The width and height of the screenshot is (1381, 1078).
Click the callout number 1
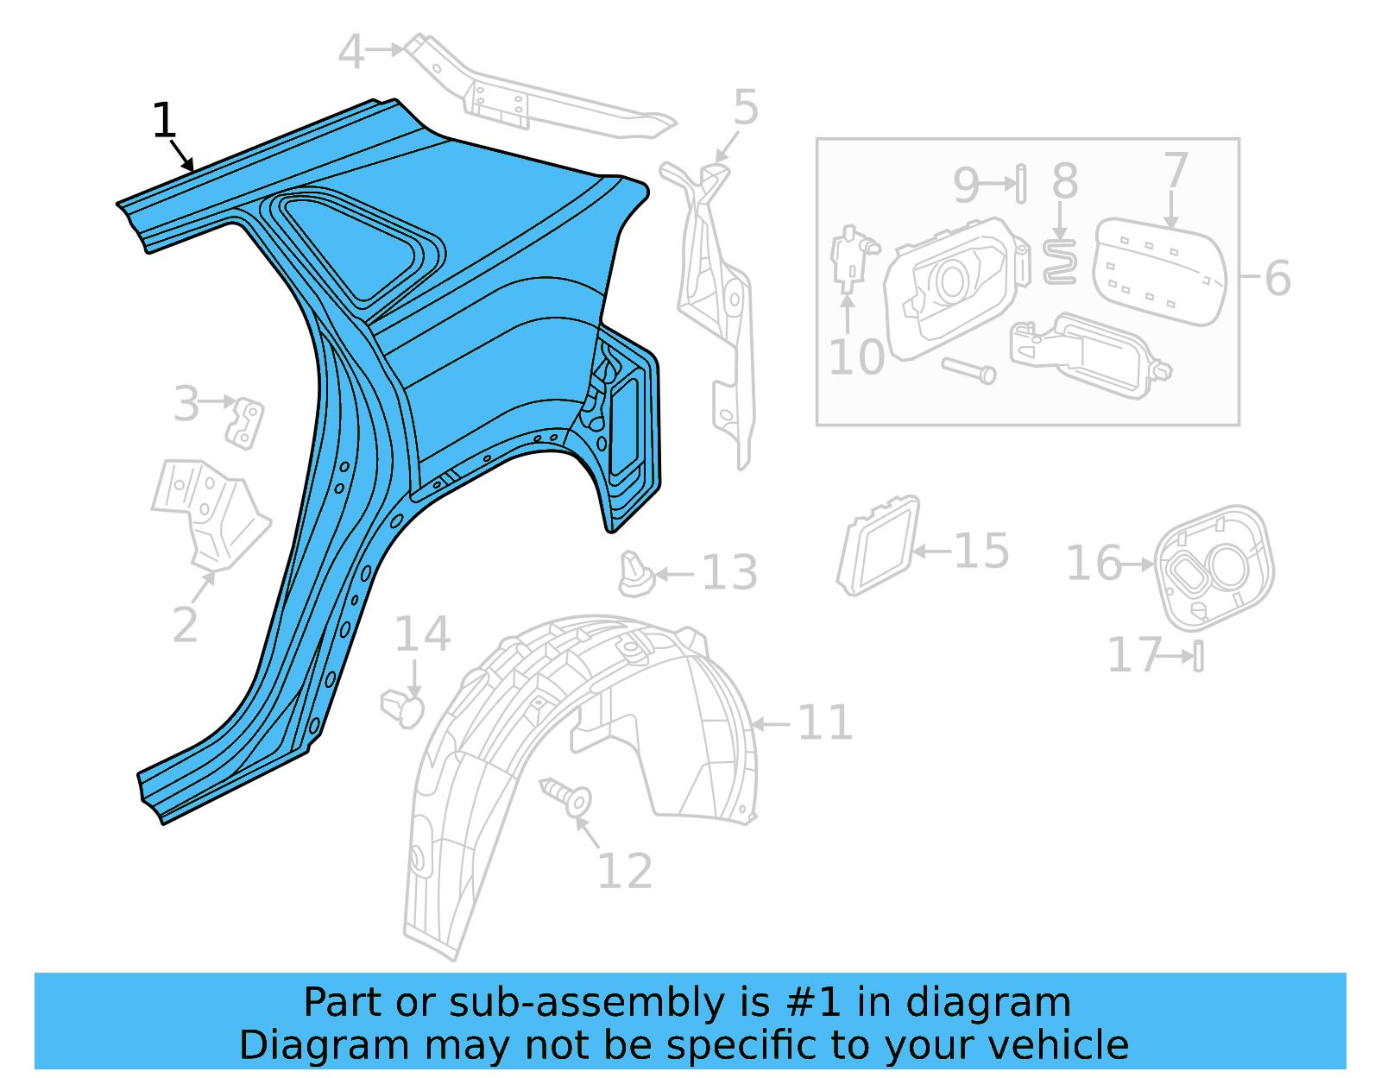164,121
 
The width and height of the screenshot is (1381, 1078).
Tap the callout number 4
350,53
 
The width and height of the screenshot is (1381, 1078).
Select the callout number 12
625,871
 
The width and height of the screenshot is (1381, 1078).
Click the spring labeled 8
1059,262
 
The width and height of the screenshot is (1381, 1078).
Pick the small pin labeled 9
1021,183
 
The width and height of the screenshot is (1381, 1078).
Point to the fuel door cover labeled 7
1159,272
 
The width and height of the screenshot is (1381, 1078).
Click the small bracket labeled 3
245,423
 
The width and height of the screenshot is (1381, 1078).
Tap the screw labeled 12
565,796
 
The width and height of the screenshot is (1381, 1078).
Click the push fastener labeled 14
403,708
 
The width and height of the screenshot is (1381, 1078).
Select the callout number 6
1277,278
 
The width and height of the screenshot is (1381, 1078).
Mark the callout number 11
825,722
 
